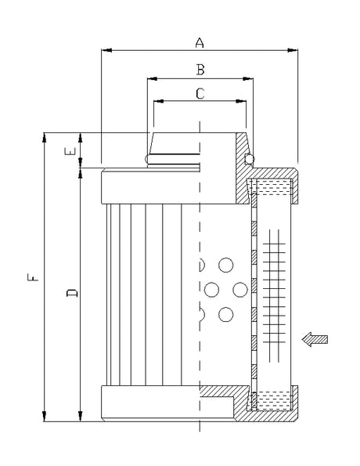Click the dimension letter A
tap(200, 42)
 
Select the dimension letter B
tap(200, 70)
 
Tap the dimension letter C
tap(200, 94)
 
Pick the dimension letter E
tap(71, 150)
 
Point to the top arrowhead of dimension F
tap(45, 136)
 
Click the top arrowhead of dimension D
tap(81, 171)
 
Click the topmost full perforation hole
tap(227, 265)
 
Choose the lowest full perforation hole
tap(227, 316)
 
